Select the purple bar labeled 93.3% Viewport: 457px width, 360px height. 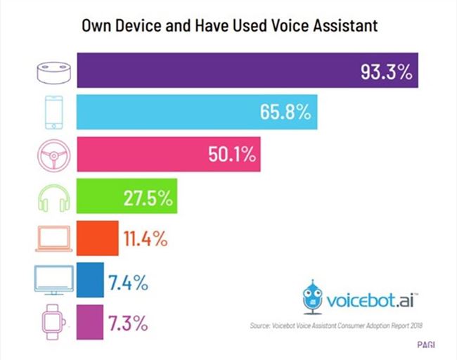click(x=211, y=71)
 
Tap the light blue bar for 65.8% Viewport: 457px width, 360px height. click(x=176, y=112)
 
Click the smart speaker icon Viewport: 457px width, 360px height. click(x=53, y=72)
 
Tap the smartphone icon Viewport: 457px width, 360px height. click(x=53, y=112)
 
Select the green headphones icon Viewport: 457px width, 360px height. click(x=53, y=196)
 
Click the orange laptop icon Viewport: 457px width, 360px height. click(x=53, y=238)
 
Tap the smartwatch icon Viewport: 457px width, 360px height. click(x=53, y=323)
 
